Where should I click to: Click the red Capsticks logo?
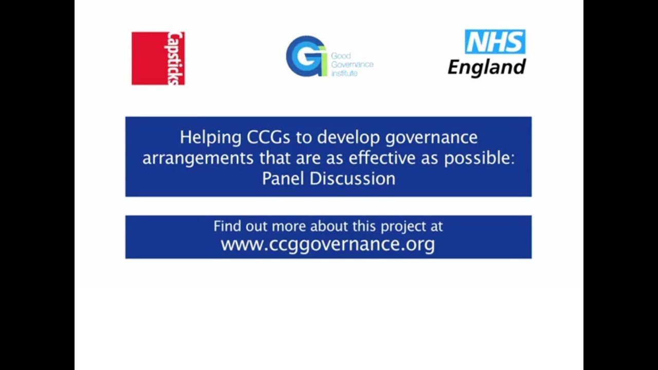(158, 58)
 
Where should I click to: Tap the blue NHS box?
(495, 42)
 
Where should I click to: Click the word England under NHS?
(486, 67)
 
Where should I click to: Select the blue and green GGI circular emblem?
(306, 56)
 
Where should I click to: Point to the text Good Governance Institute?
(352, 64)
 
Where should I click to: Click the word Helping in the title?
(211, 137)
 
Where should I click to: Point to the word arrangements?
(198, 159)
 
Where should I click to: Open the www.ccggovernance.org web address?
(327, 244)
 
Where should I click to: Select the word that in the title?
(275, 158)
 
